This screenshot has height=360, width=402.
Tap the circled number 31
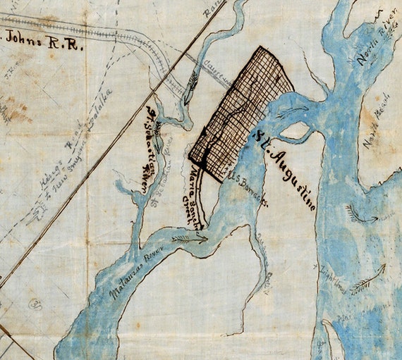click(35, 304)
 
